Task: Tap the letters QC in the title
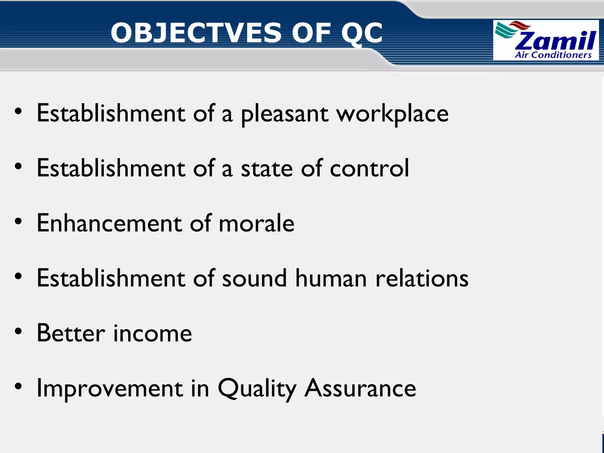coord(362,33)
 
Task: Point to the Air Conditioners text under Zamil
coord(553,55)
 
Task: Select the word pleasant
coord(285,114)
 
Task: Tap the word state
coord(267,168)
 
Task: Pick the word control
coord(370,168)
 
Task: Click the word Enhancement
coord(109,223)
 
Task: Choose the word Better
coord(71,333)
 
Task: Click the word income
coord(152,333)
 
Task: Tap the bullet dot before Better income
coord(18,331)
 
